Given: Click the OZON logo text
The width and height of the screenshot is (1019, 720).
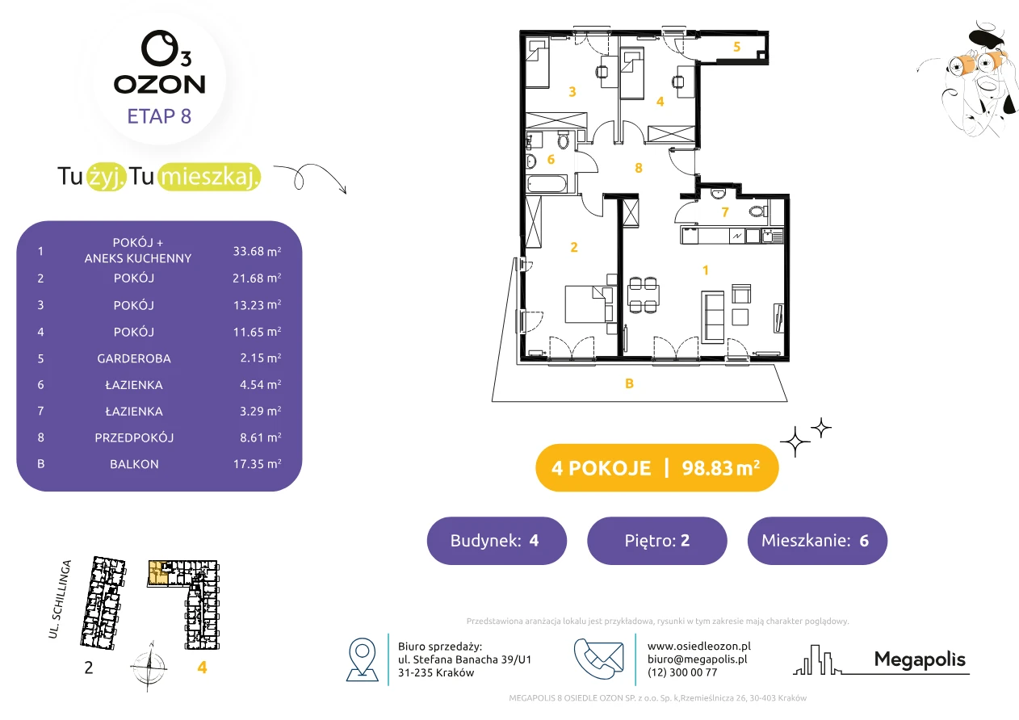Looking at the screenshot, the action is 159,85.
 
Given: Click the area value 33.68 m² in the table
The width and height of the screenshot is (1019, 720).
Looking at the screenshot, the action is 257,251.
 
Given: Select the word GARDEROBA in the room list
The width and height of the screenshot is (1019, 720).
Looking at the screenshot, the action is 134,358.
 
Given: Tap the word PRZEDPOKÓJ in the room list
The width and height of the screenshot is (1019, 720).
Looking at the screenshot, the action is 134,437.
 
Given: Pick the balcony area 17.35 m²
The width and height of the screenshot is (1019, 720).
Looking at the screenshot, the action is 257,464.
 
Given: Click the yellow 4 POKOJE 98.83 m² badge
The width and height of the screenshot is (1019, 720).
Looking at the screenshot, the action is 657,467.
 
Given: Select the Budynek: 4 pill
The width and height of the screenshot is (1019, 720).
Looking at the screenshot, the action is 497,540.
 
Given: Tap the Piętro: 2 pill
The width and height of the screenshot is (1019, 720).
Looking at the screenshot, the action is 657,540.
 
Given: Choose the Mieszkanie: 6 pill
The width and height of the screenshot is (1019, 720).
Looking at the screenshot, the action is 817,540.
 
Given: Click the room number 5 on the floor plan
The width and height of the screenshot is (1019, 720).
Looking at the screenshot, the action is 736,47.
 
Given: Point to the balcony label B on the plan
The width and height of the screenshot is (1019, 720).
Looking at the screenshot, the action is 629,383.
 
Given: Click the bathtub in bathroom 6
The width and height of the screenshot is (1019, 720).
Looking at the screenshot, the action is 547,185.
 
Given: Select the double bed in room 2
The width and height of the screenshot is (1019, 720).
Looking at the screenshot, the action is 589,304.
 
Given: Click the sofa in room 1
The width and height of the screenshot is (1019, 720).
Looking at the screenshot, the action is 713,317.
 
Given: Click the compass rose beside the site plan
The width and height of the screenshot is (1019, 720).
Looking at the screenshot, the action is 149,667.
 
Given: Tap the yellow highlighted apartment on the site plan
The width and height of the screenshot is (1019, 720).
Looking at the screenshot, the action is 158,572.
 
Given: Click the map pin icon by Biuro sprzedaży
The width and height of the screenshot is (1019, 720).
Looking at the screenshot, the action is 362,659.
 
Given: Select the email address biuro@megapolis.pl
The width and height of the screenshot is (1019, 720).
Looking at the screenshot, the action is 698,659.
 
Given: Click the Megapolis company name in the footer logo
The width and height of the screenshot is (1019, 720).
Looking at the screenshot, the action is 920,659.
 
